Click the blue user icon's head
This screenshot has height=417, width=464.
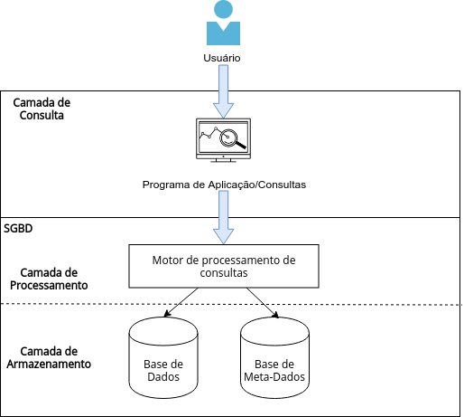coord(223,9)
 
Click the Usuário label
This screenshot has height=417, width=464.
coord(222,58)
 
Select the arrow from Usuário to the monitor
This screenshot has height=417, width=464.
coord(223,91)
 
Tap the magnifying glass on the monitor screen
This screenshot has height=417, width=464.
coord(232,139)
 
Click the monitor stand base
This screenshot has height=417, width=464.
coord(223,161)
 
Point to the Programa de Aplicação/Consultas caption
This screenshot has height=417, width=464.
coord(224,185)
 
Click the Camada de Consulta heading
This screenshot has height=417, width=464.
coord(42,109)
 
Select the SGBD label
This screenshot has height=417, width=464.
coord(18,228)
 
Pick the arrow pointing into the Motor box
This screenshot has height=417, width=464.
coord(223,217)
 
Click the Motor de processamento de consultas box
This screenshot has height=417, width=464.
coord(224,266)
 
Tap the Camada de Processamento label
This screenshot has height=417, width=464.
coord(49,279)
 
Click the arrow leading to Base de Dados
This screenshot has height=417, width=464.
coord(181,302)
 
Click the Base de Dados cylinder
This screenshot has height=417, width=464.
coord(163,357)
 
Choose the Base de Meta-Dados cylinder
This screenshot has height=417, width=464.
coord(274,357)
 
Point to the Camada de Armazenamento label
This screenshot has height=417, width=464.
coord(49,357)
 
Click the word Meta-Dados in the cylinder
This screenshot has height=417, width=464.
coord(274,377)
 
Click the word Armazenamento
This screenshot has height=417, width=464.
coord(49,365)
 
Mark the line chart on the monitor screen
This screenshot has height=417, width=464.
coord(209,133)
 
